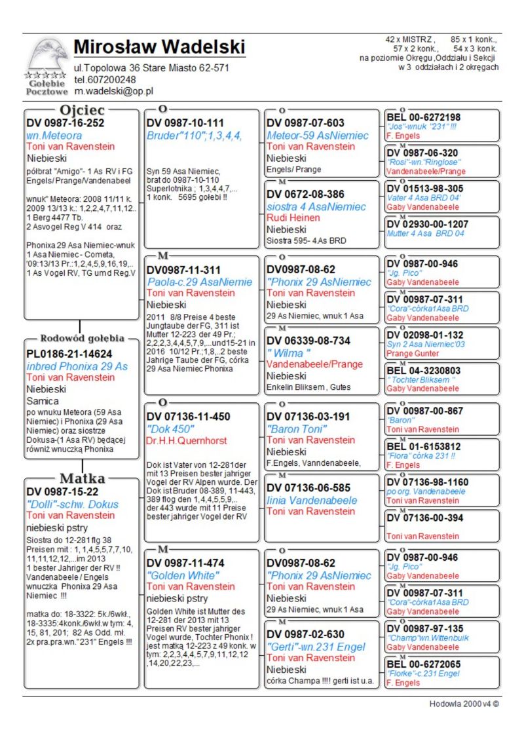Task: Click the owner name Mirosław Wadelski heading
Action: (159, 47)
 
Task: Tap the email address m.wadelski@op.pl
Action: (113, 91)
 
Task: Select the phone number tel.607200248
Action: (105, 80)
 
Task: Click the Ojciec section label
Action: (81, 110)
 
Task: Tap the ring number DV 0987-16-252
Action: (65, 123)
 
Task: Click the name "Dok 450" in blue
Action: (170, 429)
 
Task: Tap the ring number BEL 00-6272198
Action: (423, 117)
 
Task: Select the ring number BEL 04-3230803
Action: (423, 370)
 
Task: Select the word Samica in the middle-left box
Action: (43, 400)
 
